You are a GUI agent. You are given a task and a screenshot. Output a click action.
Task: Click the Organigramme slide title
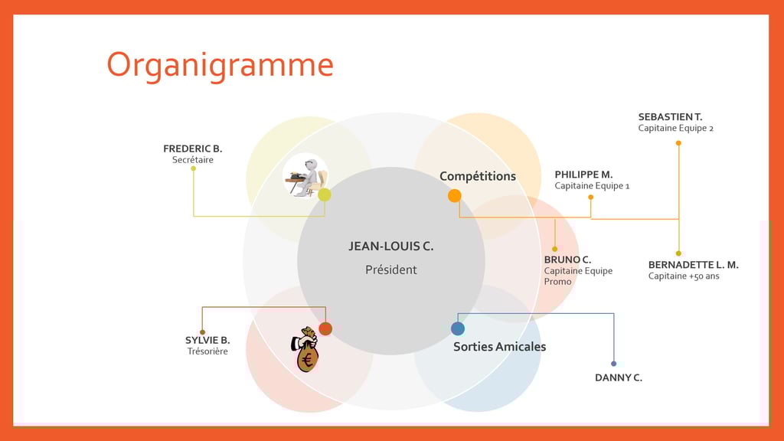pos(220,66)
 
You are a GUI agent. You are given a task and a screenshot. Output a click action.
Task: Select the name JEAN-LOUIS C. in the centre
pos(391,246)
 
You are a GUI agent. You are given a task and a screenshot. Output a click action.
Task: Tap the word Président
pos(391,269)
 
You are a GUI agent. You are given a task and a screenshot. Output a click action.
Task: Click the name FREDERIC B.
pos(192,149)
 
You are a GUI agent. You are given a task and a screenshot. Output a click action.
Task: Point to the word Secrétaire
pos(192,160)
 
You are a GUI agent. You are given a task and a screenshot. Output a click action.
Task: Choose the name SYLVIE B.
pos(207,340)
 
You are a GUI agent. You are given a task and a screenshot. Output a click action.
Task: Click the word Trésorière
pos(207,351)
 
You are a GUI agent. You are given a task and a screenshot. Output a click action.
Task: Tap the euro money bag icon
pos(305,349)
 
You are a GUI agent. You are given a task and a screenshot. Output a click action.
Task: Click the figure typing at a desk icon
pos(305,176)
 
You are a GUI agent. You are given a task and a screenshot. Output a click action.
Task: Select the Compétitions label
pos(478,176)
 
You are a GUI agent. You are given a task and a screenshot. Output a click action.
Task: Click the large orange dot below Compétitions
pos(455,195)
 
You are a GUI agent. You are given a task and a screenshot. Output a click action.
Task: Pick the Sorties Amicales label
pos(499,347)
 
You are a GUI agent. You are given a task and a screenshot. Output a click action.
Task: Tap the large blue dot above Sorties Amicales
pos(458,328)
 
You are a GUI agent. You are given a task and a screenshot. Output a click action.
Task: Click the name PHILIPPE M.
pos(583,175)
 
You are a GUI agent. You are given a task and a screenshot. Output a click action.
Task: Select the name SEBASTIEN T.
pos(670,117)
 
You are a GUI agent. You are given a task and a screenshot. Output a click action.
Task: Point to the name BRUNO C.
pos(567,260)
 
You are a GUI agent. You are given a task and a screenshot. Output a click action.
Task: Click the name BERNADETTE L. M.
pos(693,265)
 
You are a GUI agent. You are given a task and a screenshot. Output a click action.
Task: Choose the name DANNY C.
pos(619,377)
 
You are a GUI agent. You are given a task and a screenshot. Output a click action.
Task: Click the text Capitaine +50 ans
pos(684,276)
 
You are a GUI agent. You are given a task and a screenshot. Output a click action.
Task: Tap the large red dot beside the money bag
pos(325,328)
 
